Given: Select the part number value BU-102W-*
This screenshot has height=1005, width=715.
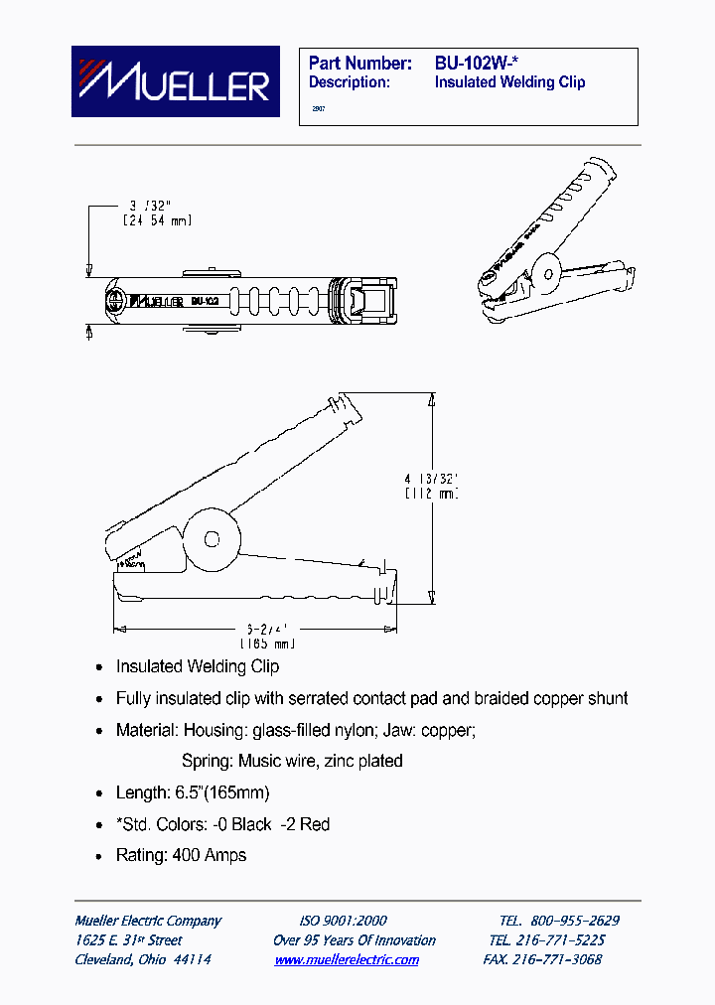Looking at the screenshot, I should click(x=476, y=63).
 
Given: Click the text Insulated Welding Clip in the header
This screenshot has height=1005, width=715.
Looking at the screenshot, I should click(x=509, y=82).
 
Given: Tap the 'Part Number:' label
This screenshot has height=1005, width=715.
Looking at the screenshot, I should click(x=359, y=63).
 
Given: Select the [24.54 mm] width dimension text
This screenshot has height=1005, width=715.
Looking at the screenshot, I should click(x=157, y=220).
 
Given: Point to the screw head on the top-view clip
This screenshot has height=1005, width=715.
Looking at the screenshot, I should click(x=115, y=300).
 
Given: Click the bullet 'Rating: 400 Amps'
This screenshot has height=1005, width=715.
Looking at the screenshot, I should click(x=181, y=855).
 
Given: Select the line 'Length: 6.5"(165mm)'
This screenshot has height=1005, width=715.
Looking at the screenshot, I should click(x=193, y=793).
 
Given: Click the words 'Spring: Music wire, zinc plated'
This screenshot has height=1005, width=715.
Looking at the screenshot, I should click(x=292, y=762).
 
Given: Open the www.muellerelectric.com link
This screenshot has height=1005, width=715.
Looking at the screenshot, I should click(x=346, y=959).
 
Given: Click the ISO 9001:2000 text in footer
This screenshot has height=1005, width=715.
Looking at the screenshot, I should click(x=343, y=921).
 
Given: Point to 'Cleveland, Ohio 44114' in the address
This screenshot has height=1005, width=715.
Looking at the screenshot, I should click(x=143, y=959).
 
